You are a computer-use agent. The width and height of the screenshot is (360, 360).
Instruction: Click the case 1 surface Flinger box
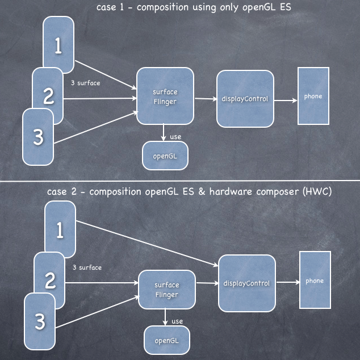(x=165, y=96)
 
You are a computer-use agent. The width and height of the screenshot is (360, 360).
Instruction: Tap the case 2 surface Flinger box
(x=167, y=290)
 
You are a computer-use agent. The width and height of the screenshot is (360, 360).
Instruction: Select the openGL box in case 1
(x=165, y=156)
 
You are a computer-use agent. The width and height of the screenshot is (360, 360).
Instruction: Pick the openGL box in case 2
(x=167, y=340)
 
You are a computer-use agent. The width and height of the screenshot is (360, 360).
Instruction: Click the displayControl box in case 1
(x=245, y=99)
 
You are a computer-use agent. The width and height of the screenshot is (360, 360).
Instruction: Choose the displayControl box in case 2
(x=247, y=283)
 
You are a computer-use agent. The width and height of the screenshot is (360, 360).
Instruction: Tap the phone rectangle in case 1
(x=313, y=96)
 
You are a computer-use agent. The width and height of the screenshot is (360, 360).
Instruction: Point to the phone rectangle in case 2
(x=315, y=280)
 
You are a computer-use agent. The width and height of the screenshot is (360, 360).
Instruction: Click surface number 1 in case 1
(x=58, y=45)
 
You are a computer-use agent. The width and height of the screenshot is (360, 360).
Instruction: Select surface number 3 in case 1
(x=38, y=137)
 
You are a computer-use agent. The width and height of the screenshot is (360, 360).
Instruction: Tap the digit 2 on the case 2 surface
(x=50, y=280)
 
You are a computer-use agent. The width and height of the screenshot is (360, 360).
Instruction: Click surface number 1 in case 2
(x=60, y=229)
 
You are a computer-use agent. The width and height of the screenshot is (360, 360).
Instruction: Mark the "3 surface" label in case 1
(x=85, y=83)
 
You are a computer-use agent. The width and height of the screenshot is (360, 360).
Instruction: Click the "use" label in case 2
(x=177, y=321)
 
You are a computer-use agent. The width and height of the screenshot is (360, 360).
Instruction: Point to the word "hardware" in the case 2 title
(x=231, y=191)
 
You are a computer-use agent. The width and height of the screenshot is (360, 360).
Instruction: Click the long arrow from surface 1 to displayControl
(x=147, y=244)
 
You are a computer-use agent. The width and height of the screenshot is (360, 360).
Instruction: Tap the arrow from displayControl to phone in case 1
(x=286, y=101)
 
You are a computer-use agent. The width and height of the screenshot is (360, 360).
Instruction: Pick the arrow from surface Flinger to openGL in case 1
(x=163, y=132)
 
